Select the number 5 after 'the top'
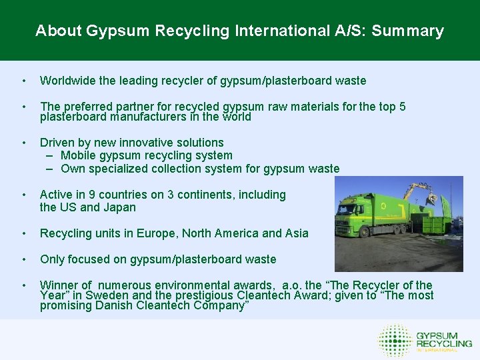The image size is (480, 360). (x=402, y=107)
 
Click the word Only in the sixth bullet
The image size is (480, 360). (x=52, y=259)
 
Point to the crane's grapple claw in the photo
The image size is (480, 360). (x=432, y=197)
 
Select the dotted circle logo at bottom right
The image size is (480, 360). (x=395, y=340)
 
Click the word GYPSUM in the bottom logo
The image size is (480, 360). (x=436, y=335)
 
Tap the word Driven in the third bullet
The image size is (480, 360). (x=57, y=143)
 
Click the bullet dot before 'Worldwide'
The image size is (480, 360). (x=24, y=81)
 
